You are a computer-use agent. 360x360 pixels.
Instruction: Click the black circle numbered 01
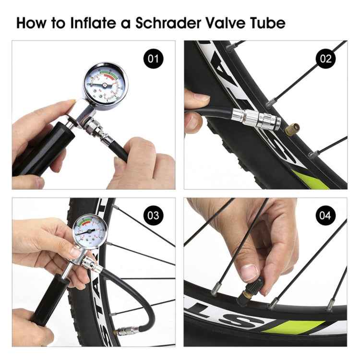tap(153, 60)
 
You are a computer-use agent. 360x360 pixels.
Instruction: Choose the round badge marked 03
tap(153, 215)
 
